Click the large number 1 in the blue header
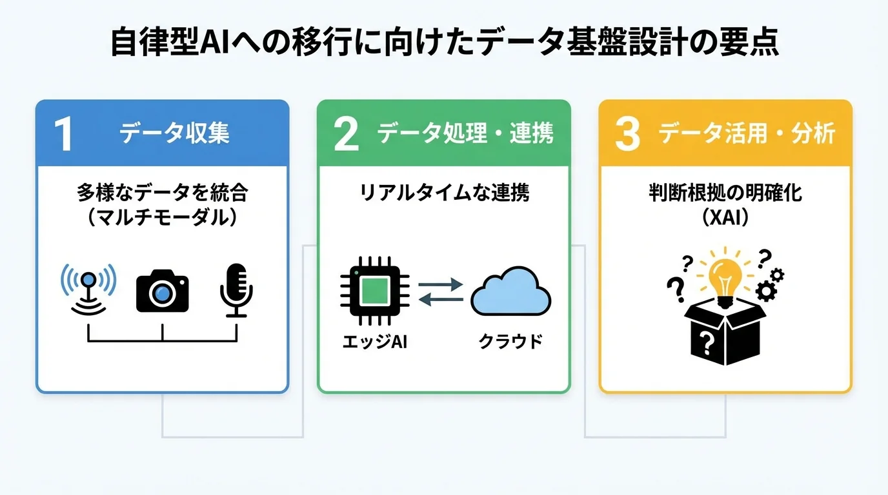click(63, 134)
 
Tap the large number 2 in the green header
click(347, 134)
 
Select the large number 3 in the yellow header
click(627, 134)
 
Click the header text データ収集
click(174, 134)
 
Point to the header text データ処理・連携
click(465, 134)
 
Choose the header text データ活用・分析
click(747, 134)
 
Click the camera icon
click(162, 291)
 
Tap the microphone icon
click(236, 289)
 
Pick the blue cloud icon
click(510, 293)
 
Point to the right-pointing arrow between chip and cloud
click(441, 284)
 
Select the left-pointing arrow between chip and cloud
click(441, 299)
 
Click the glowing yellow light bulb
click(723, 276)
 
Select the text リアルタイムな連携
click(444, 193)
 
